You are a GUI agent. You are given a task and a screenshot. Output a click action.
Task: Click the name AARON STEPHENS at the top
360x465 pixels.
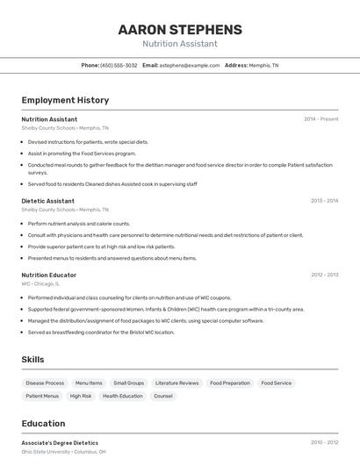[x=180, y=30]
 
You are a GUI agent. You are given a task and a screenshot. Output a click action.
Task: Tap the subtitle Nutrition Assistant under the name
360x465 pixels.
[x=180, y=44]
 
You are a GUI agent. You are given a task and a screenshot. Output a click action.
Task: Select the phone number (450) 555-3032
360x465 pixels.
[x=119, y=65]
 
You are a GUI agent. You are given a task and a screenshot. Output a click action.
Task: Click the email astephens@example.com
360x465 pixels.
[x=190, y=65]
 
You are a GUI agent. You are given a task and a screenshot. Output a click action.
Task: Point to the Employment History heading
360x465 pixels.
[x=65, y=100]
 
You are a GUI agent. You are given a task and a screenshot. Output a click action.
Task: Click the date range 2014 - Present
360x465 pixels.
[x=320, y=119]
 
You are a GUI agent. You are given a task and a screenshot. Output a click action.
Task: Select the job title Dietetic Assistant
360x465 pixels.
[x=48, y=201]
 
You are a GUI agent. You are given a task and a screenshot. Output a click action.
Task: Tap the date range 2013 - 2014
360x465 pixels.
[x=324, y=201]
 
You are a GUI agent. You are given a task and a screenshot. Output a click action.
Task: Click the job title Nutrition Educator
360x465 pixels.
[x=49, y=275]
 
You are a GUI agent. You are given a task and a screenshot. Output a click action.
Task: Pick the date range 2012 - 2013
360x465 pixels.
[x=324, y=275]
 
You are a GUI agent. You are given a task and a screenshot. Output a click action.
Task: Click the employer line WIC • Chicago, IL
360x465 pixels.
[x=40, y=283]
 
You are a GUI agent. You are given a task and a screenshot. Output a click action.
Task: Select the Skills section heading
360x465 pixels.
[x=33, y=359]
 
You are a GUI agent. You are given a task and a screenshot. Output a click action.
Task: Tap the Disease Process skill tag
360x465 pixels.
[x=45, y=383]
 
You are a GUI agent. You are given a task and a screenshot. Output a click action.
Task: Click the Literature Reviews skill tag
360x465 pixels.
[x=176, y=383]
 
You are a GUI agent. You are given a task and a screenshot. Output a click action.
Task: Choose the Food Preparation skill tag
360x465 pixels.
[x=230, y=383]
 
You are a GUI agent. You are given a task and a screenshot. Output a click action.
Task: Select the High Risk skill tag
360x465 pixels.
[x=81, y=396]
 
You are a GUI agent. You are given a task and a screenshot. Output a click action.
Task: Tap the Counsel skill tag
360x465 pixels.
[x=163, y=396]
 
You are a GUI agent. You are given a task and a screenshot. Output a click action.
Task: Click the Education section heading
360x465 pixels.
[x=44, y=423]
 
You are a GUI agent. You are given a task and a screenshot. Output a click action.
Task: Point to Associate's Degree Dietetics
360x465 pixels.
[x=60, y=443]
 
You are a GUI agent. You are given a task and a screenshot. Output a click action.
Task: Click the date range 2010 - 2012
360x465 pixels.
[x=324, y=443]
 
